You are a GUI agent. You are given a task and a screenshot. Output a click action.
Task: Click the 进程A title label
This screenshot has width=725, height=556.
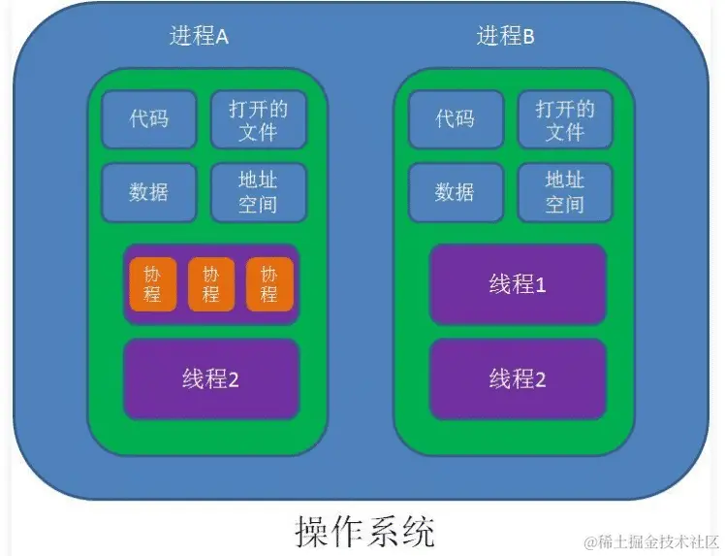pyautogui.click(x=199, y=38)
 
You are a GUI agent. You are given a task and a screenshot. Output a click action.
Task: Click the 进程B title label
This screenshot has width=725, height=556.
pyautogui.click(x=506, y=38)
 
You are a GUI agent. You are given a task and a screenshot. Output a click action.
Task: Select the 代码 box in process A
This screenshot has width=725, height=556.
pyautogui.click(x=148, y=118)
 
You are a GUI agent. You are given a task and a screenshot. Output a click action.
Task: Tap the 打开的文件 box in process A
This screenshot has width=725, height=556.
pyautogui.click(x=258, y=118)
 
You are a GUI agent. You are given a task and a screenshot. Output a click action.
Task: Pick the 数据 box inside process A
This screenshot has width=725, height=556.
pyautogui.click(x=148, y=191)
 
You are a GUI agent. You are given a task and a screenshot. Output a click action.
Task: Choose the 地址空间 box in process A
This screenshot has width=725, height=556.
pyautogui.click(x=258, y=191)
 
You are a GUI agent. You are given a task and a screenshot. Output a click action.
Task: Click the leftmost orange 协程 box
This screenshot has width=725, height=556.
pyautogui.click(x=152, y=284)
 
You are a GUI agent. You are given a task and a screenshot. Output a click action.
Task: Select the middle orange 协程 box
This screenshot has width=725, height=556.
pyautogui.click(x=210, y=284)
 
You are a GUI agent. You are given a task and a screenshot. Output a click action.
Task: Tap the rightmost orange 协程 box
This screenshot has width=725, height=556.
pyautogui.click(x=269, y=284)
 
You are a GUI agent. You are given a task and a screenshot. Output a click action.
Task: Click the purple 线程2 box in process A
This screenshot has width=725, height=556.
pyautogui.click(x=210, y=378)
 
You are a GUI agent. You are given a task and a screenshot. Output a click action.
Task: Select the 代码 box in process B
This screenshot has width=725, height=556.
pyautogui.click(x=455, y=118)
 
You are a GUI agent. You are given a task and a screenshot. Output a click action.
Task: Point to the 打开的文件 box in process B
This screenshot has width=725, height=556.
pyautogui.click(x=564, y=118)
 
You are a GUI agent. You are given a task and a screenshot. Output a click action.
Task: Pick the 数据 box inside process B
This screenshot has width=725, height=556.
pyautogui.click(x=455, y=191)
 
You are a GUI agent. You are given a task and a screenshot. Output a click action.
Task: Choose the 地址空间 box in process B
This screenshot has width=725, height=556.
pyautogui.click(x=564, y=191)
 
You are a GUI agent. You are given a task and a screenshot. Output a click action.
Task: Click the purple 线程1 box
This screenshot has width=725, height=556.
pyautogui.click(x=518, y=284)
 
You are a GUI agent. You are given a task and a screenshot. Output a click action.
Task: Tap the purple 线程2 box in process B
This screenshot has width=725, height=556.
pyautogui.click(x=518, y=378)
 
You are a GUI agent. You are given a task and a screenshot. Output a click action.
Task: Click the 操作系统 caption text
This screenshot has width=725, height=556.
pyautogui.click(x=364, y=531)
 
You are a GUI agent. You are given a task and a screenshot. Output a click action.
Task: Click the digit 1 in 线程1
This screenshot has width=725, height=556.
pyautogui.click(x=541, y=284)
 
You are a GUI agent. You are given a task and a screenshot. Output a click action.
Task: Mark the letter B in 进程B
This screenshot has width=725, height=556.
pyautogui.click(x=528, y=38)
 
